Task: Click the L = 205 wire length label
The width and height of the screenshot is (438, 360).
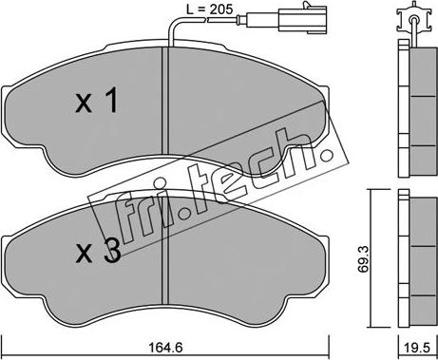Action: click(x=209, y=9)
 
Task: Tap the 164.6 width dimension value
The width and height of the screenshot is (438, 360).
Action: click(x=166, y=349)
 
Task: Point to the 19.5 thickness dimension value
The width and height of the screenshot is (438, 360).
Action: click(x=417, y=349)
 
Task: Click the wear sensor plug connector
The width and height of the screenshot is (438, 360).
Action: click(x=302, y=18)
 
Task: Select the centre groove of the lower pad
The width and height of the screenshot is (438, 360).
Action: click(x=165, y=251)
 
